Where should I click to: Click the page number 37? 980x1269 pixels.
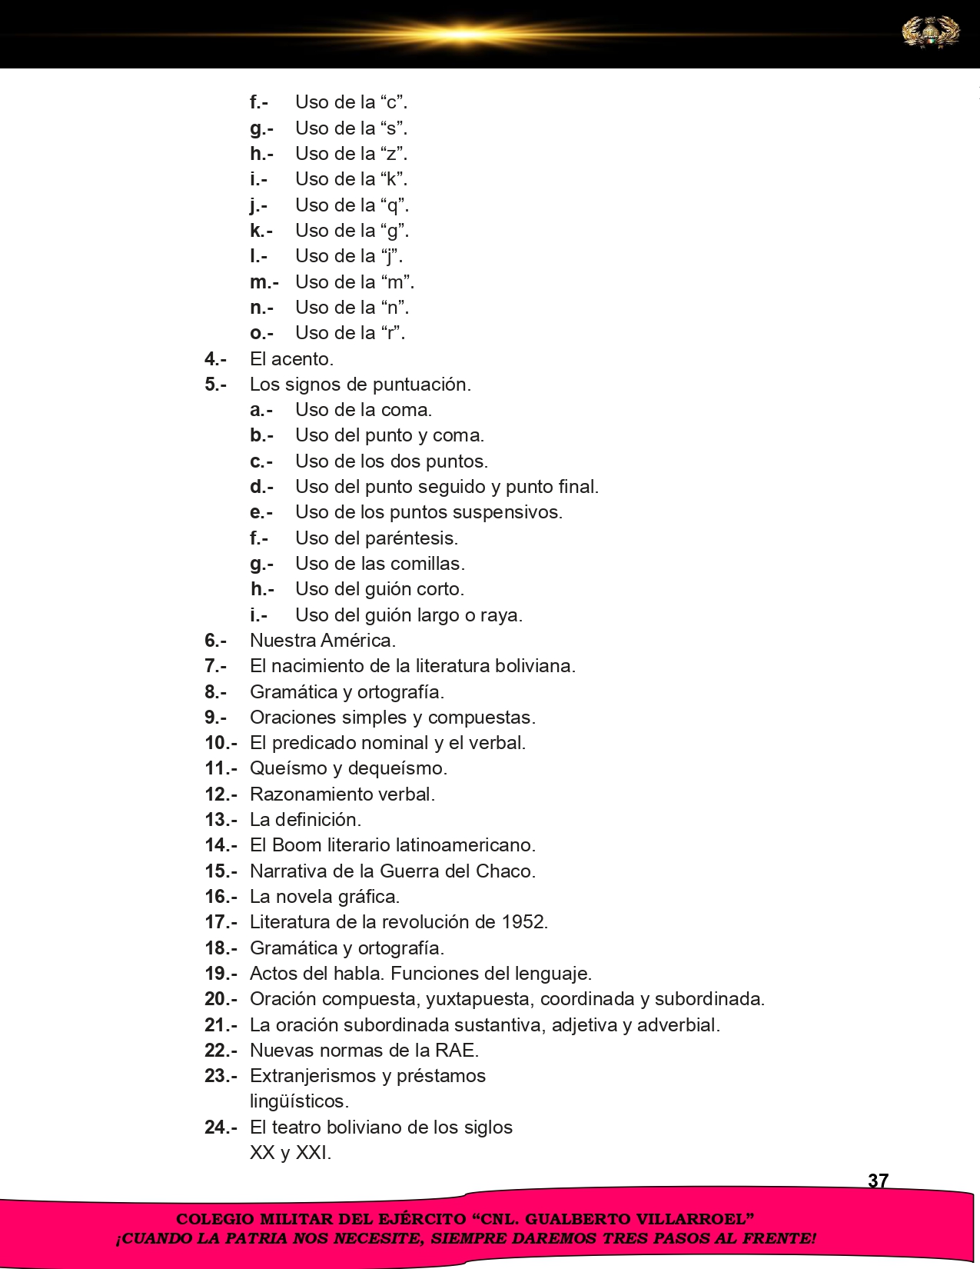(878, 1181)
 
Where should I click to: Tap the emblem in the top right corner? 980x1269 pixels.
(930, 33)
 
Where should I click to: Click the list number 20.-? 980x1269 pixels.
(221, 999)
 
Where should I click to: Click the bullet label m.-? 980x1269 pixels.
(264, 282)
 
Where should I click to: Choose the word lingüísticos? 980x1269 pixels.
(299, 1101)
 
